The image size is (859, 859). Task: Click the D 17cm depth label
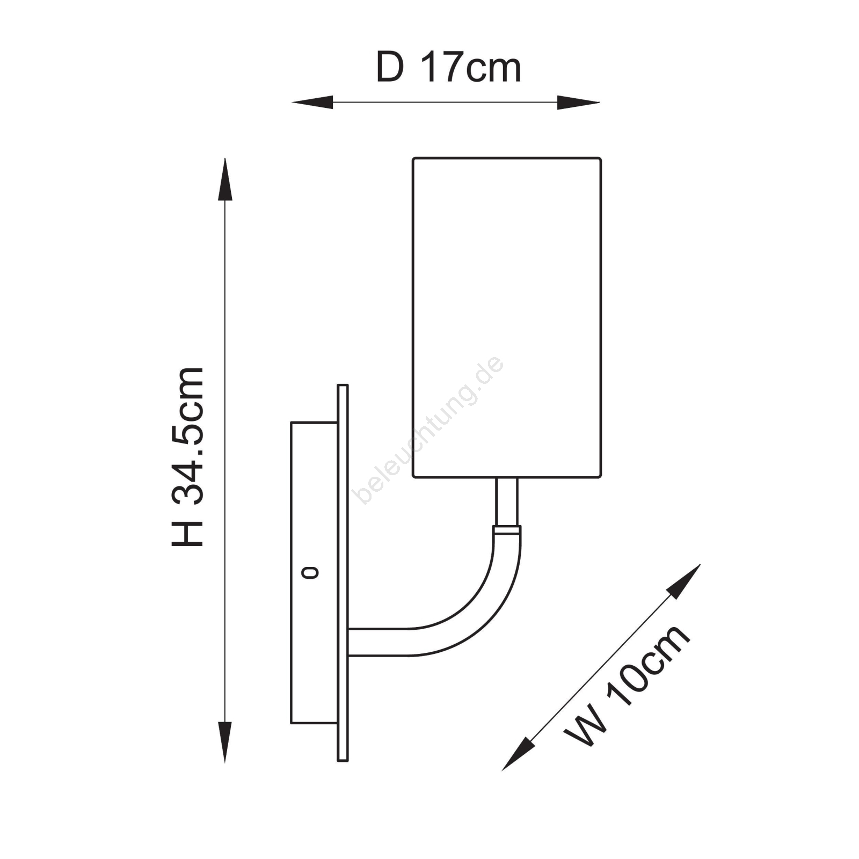(x=448, y=68)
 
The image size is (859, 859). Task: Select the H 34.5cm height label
(x=188, y=457)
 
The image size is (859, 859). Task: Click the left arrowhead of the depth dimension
(x=312, y=102)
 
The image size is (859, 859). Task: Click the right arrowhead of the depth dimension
(x=578, y=102)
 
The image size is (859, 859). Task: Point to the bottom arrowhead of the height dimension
(x=225, y=742)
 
